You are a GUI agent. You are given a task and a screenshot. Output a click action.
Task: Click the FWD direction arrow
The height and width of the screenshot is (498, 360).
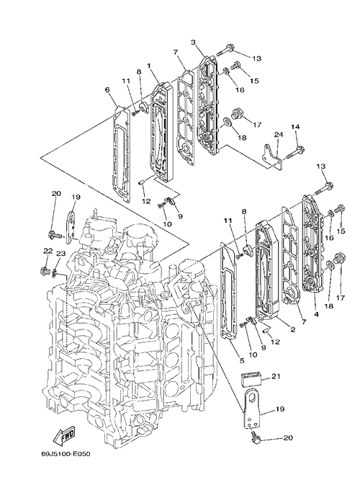64,435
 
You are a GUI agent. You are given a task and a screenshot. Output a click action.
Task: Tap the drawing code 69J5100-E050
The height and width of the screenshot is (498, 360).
66,454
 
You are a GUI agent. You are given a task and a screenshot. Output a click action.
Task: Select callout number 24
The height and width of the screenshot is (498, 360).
278,135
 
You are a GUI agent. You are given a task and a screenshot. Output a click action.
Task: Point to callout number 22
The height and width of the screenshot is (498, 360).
48,251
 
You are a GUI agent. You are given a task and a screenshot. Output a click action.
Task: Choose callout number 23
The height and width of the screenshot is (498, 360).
60,253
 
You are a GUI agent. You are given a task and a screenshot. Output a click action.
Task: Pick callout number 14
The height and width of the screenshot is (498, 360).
295,127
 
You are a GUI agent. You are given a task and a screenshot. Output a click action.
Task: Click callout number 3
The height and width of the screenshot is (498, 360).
193,42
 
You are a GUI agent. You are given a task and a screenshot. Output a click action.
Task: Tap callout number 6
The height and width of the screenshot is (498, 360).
107,90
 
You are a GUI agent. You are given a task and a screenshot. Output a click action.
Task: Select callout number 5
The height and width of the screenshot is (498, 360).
242,360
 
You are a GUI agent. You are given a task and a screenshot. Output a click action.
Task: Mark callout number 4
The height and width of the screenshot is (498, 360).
316,314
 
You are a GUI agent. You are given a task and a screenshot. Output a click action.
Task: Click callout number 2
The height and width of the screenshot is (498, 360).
292,329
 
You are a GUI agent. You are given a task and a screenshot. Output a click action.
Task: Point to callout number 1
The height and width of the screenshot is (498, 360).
148,66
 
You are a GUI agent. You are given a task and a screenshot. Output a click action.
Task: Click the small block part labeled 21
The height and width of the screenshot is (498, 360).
251,379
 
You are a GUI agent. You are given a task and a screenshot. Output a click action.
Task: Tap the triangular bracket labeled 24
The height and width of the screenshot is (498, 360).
272,156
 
